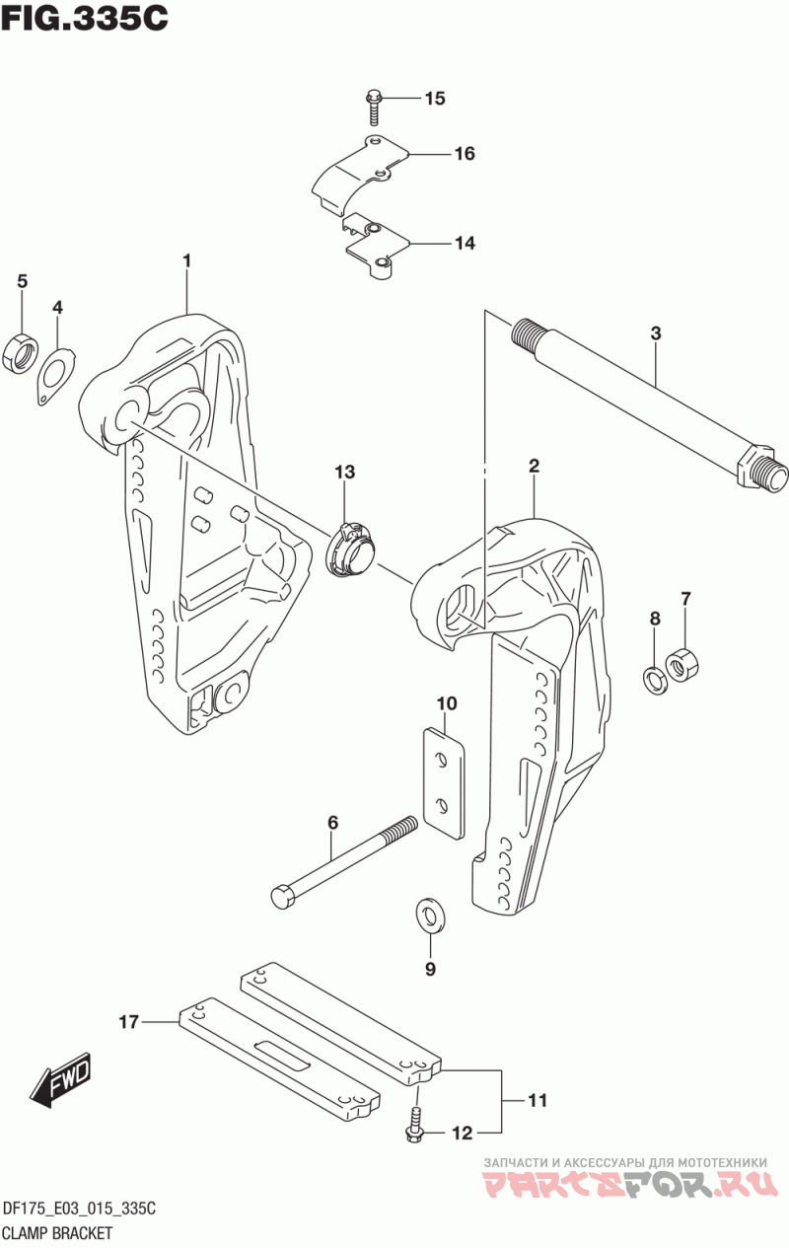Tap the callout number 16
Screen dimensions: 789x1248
point(465,153)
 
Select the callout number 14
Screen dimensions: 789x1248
point(465,243)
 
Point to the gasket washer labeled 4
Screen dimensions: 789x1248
point(56,375)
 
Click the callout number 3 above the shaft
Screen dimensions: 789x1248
point(656,333)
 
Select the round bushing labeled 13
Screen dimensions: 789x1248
point(350,550)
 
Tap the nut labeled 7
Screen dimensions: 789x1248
point(681,662)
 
